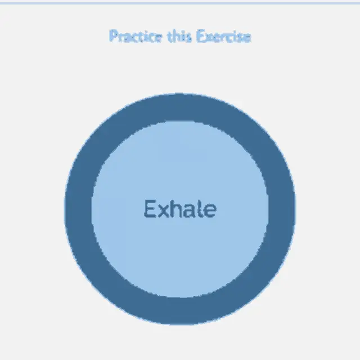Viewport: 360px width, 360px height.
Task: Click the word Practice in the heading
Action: (x=136, y=36)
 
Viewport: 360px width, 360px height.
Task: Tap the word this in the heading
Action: (x=180, y=36)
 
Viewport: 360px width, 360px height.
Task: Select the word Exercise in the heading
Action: (x=224, y=36)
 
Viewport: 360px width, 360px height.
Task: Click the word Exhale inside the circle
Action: (x=180, y=209)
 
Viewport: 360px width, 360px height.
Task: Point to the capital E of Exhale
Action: (x=150, y=209)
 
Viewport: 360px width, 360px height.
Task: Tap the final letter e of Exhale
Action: (x=210, y=211)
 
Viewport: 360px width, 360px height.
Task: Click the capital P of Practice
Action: (x=114, y=36)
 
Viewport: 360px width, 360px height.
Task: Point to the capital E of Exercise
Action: (x=200, y=36)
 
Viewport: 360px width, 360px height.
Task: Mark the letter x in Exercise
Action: (x=209, y=38)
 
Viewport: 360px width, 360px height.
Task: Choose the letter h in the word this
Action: (x=178, y=36)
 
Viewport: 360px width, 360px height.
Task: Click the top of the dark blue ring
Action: (x=180, y=107)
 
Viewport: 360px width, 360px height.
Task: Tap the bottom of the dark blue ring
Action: (x=180, y=311)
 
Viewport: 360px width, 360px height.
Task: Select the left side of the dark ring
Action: (x=78, y=209)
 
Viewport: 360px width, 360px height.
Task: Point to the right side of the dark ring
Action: (x=282, y=209)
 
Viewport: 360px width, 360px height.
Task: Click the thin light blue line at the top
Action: (x=180, y=3)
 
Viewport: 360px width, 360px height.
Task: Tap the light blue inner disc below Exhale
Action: (x=180, y=257)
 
